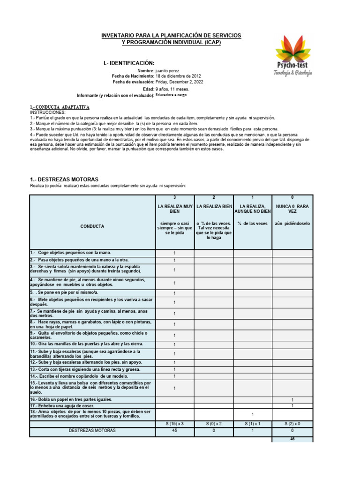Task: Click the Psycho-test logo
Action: coord(293,54)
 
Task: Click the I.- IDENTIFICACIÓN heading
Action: coord(128,63)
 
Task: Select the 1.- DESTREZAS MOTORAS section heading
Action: coord(64,180)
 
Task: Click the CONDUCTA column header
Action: coord(92,226)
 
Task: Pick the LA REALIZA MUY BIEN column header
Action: coord(174,209)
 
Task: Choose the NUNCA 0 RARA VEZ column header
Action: coord(292,209)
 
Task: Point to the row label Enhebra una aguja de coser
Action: coord(62,405)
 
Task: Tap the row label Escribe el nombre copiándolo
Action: coord(69,376)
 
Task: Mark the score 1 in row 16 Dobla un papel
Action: coord(292,400)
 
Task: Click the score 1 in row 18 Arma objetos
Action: coord(253,414)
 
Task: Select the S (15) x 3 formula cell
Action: coord(174,424)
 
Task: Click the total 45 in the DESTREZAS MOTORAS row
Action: coord(174,430)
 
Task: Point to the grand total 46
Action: coord(292,439)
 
